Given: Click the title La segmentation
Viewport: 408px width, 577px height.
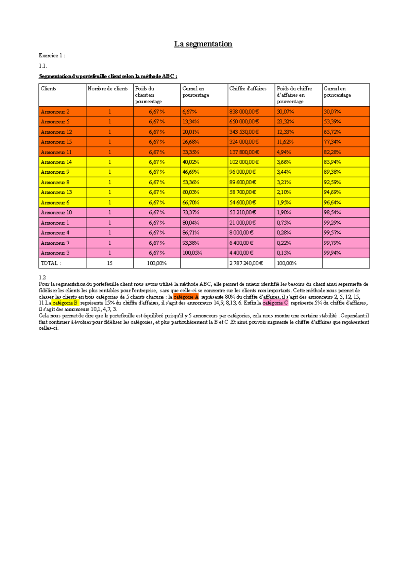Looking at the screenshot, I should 203,44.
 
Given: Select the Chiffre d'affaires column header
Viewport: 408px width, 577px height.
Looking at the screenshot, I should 248,89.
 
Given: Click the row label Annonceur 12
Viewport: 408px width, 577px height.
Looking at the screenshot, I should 56,132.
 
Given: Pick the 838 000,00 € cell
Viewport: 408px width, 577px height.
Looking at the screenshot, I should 244,112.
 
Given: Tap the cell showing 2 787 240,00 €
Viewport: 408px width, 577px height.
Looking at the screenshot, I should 246,263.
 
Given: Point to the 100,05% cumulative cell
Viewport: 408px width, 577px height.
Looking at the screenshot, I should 192,253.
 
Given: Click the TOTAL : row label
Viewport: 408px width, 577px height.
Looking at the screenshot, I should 51,263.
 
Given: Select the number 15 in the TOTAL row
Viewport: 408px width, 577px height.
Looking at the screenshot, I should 109,263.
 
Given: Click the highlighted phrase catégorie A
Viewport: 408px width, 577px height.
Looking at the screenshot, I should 186,297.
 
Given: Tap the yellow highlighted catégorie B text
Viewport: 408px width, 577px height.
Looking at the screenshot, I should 65,303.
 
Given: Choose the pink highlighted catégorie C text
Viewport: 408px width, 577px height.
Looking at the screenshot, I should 275,303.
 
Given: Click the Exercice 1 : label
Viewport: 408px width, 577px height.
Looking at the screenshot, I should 52,55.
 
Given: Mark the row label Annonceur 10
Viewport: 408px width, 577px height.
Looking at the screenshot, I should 56,212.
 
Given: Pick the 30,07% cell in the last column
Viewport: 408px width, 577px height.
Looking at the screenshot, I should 332,112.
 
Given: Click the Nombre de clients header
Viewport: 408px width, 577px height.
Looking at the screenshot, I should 107,89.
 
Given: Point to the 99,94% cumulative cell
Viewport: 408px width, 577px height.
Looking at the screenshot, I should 332,253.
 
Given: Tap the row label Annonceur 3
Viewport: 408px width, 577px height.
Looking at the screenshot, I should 55,253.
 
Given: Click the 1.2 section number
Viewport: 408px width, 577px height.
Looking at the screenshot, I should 42,278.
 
